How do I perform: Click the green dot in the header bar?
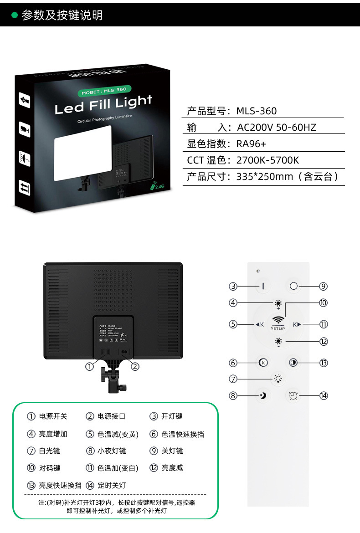point(14,15)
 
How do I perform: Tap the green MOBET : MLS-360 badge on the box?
point(103,90)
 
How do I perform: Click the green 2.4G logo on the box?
point(157,186)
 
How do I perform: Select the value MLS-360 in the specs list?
point(256,111)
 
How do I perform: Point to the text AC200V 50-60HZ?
point(276,128)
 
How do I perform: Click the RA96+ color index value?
point(251,144)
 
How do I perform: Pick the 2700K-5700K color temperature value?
point(267,160)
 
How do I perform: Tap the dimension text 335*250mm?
point(264,177)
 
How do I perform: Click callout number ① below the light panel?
point(89,366)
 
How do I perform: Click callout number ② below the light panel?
point(135,366)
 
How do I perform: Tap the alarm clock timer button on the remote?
point(293,395)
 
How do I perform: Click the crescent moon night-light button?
point(263,395)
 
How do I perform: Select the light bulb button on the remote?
point(278,379)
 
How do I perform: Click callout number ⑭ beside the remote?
point(324,395)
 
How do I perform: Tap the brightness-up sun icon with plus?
point(278,304)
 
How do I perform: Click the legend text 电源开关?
point(53,416)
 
